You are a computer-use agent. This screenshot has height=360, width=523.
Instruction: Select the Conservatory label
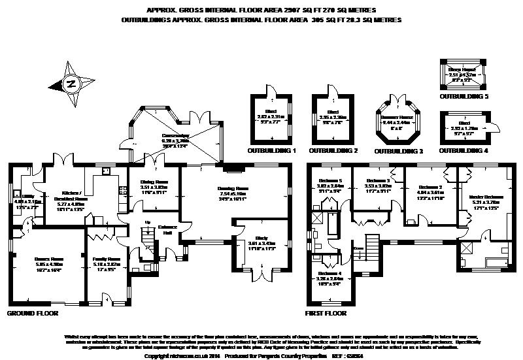click(175, 137)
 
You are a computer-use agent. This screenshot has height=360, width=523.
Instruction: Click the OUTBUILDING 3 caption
click(399, 150)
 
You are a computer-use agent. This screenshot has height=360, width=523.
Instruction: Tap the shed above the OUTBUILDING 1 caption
click(271, 119)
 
